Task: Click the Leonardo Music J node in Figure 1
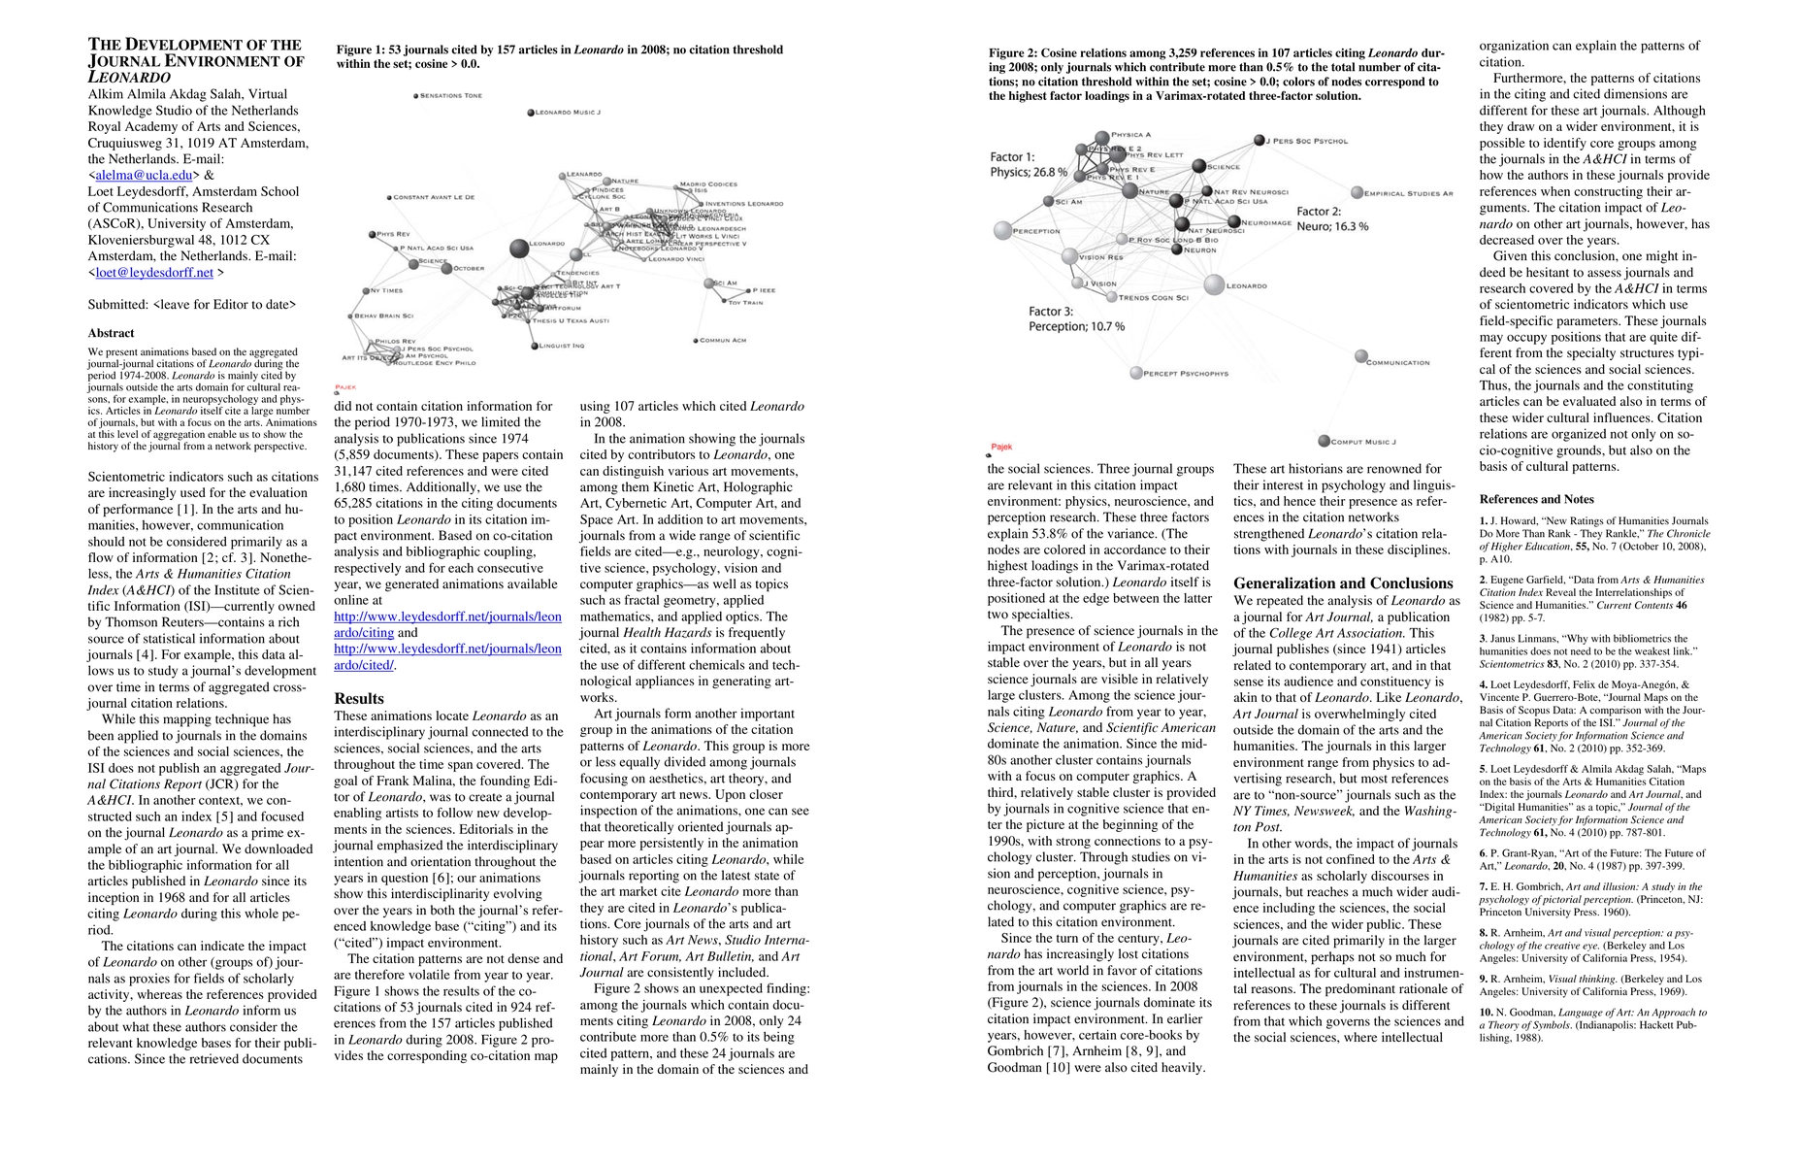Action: [x=531, y=113]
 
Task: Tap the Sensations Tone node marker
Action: [x=415, y=95]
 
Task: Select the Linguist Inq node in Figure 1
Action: [x=533, y=346]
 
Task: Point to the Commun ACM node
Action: [x=697, y=340]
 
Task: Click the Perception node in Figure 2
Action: [x=1004, y=231]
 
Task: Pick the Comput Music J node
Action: [x=1324, y=442]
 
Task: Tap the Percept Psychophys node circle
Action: [x=1136, y=373]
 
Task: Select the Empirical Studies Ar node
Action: [x=1357, y=193]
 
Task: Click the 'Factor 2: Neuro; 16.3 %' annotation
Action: [x=1332, y=218]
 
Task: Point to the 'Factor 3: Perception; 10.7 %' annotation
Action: [x=1076, y=319]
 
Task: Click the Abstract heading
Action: [x=111, y=333]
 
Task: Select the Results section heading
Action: [x=359, y=698]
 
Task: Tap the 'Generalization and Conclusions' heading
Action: [x=1343, y=583]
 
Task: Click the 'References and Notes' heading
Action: [x=1536, y=499]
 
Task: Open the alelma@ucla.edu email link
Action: [x=144, y=176]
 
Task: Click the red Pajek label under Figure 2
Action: [x=1001, y=448]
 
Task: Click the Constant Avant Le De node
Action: [x=390, y=197]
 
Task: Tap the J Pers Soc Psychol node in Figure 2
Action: [x=1259, y=141]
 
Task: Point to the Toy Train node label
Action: [x=745, y=303]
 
